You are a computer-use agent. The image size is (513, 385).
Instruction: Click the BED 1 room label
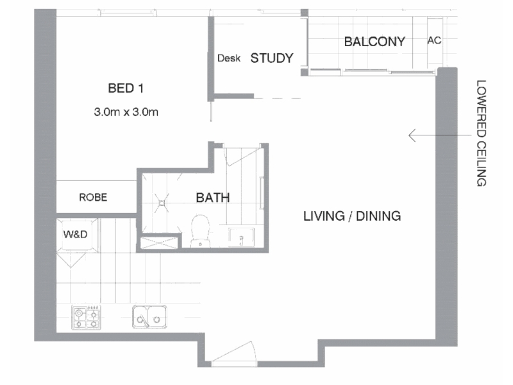click(126, 88)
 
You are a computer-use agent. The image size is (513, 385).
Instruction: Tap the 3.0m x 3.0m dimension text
click(126, 112)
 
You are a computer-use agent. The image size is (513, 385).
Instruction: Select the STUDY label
click(271, 58)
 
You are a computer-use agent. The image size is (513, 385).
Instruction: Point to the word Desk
click(229, 58)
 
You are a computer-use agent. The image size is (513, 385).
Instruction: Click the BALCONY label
click(374, 42)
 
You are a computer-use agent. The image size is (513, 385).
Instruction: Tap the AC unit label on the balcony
click(434, 40)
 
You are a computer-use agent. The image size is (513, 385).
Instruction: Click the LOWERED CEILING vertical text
click(482, 133)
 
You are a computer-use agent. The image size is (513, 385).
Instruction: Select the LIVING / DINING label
click(352, 216)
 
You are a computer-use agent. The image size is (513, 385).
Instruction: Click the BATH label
click(213, 198)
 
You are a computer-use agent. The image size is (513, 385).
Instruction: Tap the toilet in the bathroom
click(200, 231)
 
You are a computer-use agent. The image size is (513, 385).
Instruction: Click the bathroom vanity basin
click(241, 237)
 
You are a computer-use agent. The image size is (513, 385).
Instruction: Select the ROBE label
click(93, 198)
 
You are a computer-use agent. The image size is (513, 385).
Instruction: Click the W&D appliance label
click(75, 234)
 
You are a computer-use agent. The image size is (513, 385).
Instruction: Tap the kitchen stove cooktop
click(87, 317)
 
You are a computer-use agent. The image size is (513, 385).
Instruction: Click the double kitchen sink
click(149, 316)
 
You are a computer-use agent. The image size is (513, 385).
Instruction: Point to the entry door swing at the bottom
click(235, 353)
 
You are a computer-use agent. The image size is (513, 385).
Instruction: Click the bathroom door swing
click(242, 156)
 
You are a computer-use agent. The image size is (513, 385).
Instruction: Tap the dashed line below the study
click(278, 98)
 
